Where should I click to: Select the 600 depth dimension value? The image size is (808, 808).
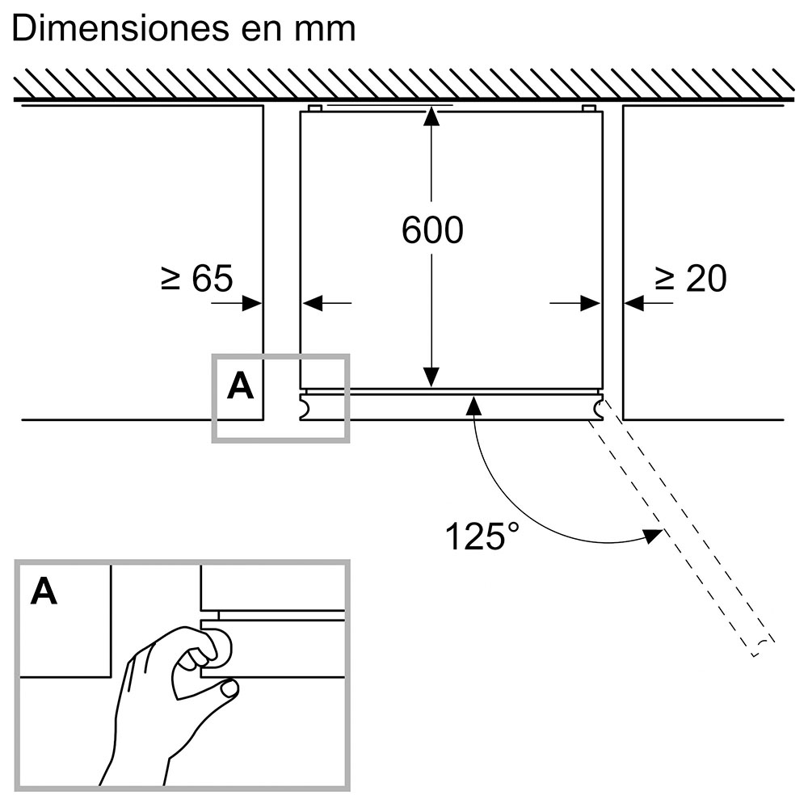point(432,231)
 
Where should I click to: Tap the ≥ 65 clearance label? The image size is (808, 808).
point(196,279)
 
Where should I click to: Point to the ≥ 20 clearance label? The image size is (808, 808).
point(691,279)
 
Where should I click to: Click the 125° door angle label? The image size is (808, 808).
point(476,537)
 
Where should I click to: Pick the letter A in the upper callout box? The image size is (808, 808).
point(240,387)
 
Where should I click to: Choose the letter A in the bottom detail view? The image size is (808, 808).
point(44,592)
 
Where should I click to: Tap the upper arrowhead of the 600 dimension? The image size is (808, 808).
point(432,116)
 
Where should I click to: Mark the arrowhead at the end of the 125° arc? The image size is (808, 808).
point(653,534)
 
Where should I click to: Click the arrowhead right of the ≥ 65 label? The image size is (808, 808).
point(252,303)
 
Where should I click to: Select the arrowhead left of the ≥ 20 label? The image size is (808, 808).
point(633,303)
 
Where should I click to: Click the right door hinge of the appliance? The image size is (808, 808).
point(597,406)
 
